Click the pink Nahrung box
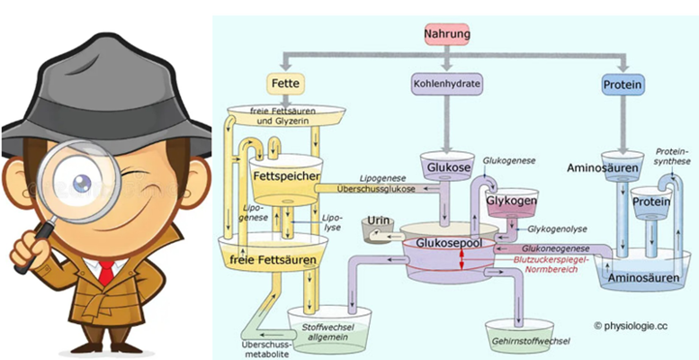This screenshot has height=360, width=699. point(447,35)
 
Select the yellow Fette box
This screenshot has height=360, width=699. point(284,84)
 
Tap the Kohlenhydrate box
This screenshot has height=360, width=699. point(447,84)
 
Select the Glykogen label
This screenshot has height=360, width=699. point(511,201)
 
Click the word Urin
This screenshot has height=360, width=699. point(377,221)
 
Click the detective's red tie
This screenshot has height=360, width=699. point(107,271)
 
